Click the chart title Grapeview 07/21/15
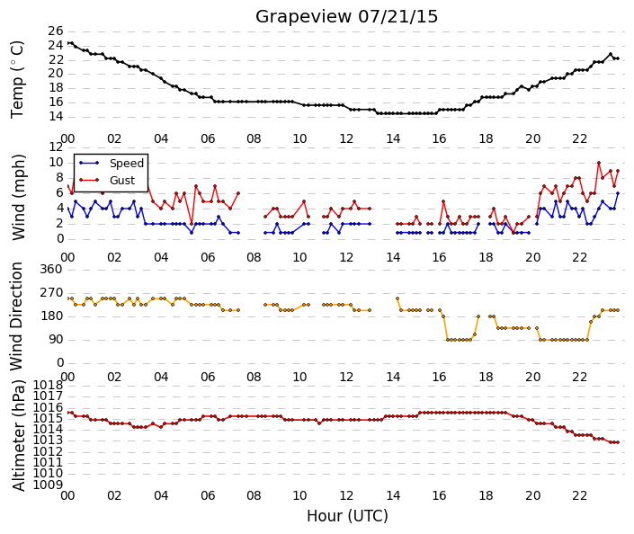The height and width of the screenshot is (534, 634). [346, 17]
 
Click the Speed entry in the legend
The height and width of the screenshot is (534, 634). [127, 164]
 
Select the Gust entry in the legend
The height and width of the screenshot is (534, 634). [122, 181]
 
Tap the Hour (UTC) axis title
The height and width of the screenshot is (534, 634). [347, 516]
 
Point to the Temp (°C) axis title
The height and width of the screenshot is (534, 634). [17, 79]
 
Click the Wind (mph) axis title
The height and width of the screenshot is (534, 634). [18, 197]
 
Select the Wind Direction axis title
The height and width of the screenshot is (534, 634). [16, 316]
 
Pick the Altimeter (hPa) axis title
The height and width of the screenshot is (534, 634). [18, 435]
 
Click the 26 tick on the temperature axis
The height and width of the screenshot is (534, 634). [56, 31]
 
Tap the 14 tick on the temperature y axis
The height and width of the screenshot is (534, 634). [56, 117]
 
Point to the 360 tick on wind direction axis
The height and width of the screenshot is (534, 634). [51, 270]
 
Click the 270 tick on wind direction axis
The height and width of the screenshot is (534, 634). [51, 293]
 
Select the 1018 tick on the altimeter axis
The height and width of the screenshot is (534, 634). [48, 385]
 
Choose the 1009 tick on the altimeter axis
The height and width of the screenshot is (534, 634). [48, 485]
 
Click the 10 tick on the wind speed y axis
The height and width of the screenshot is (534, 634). [56, 163]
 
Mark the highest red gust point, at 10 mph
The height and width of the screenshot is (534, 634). [599, 163]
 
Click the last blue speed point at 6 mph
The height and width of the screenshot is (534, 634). [618, 193]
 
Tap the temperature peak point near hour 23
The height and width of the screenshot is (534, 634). [610, 54]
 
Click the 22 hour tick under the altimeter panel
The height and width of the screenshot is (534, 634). [579, 495]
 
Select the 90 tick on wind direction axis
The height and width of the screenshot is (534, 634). [56, 339]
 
